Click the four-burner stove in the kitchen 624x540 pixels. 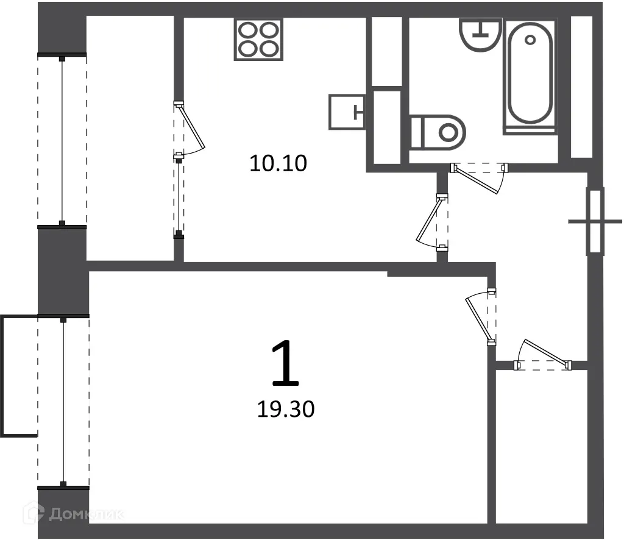coord(258,40)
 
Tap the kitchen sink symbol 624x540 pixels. coord(347,112)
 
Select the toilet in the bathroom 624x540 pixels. coord(438,132)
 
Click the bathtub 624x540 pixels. coord(530,76)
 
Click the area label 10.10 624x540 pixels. coord(277,163)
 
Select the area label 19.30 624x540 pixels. coord(285,410)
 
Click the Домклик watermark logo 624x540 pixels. coord(79,514)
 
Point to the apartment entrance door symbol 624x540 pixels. coord(595,221)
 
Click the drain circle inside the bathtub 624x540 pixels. coord(530,40)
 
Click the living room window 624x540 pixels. coord(63,402)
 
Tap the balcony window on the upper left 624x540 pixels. coord(62,141)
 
